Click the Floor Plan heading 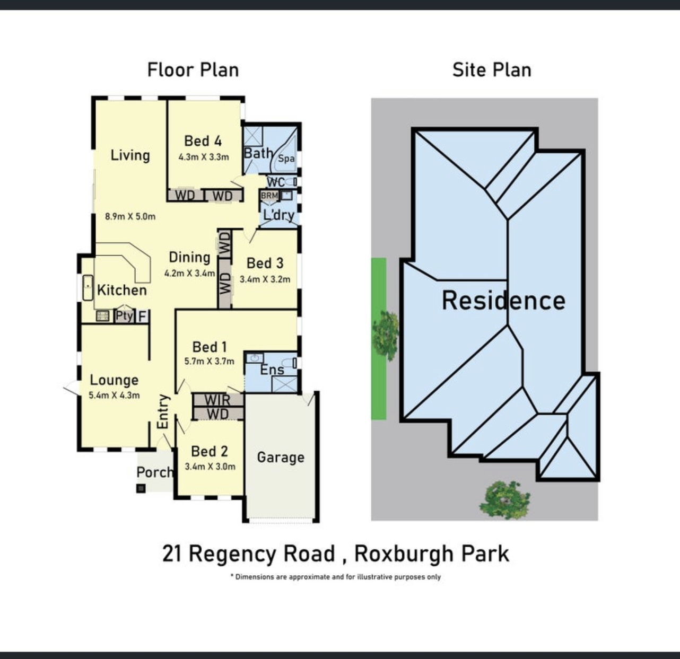(193, 70)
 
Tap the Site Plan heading (492, 70)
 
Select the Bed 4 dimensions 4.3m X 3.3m (204, 157)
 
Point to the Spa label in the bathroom (286, 159)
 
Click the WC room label (276, 182)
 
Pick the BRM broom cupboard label (269, 195)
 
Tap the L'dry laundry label (278, 215)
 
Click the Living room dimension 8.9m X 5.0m (130, 216)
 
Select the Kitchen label (121, 290)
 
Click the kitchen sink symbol (88, 288)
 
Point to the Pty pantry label (125, 315)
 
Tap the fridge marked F (142, 317)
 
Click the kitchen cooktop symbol (103, 316)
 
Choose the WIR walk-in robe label (217, 400)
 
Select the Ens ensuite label (272, 370)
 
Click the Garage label (281, 458)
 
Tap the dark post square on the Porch (141, 488)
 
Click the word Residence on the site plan (503, 300)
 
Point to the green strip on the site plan (378, 338)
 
